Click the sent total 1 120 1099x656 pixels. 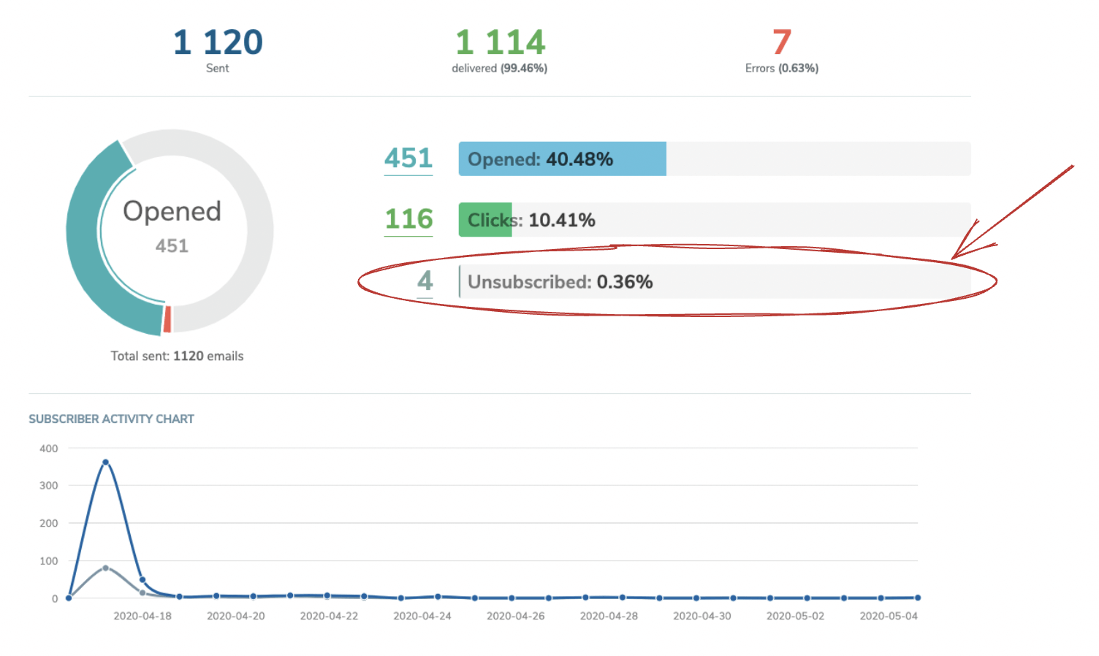point(218,42)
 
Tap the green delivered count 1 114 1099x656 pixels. point(501,42)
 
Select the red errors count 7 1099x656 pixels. point(782,42)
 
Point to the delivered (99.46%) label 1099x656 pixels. point(499,68)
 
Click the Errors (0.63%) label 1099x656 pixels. point(782,68)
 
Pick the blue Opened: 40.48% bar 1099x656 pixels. point(562,159)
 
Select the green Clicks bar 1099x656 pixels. point(485,220)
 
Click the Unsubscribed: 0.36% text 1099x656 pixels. point(560,282)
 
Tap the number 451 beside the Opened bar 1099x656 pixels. point(408,159)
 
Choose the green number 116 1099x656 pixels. point(409,219)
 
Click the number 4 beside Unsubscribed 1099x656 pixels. point(425,281)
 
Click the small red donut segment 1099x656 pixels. point(167,319)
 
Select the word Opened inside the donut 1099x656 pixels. point(172,211)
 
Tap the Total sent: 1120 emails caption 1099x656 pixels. point(177,356)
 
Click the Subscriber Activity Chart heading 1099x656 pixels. point(111,419)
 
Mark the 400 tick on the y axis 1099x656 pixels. point(49,449)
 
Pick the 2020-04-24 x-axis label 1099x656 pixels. point(422,616)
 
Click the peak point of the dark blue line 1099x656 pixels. point(106,462)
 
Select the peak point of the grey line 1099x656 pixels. point(106,568)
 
